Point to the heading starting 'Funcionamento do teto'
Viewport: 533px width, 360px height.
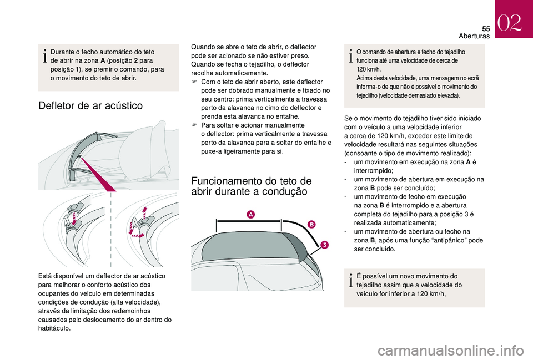coord(251,185)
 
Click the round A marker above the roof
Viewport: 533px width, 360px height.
coord(250,214)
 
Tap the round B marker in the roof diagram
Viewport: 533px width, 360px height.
coord(311,224)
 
